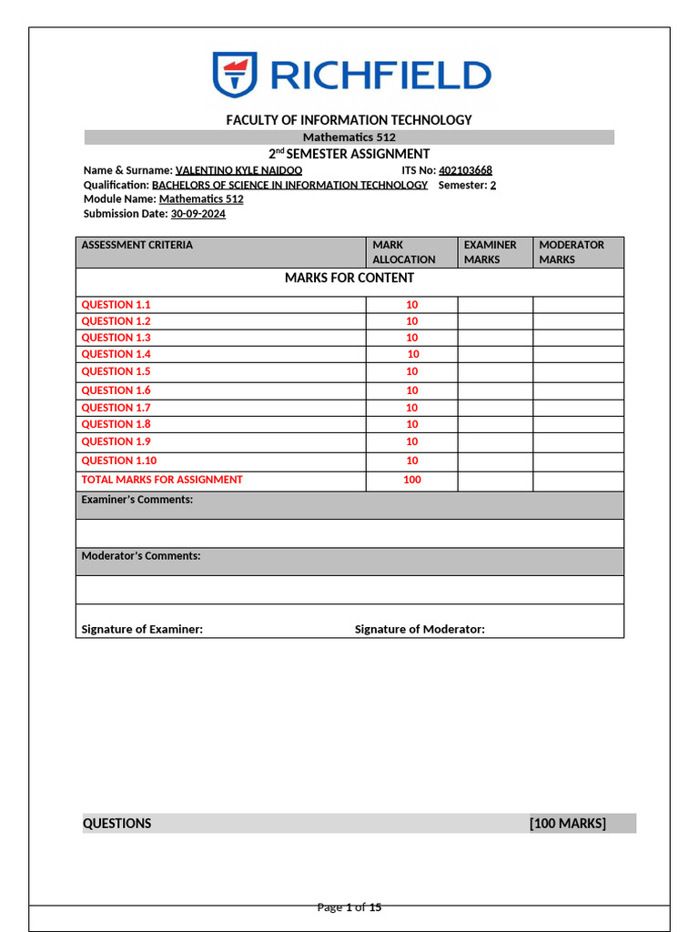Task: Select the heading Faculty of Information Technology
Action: click(349, 120)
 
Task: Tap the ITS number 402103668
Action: click(465, 170)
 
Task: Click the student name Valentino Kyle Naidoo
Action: click(238, 170)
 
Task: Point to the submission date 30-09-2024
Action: click(198, 214)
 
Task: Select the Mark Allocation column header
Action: click(404, 252)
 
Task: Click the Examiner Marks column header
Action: click(490, 252)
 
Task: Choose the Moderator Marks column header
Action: click(572, 252)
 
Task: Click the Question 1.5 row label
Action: click(116, 371)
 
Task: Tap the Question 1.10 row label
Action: click(119, 461)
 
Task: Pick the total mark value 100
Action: click(411, 480)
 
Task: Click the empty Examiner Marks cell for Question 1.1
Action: click(494, 305)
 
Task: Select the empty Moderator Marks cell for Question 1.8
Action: click(578, 424)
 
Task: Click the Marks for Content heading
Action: click(349, 278)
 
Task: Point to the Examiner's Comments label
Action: click(137, 500)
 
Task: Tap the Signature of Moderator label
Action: click(420, 629)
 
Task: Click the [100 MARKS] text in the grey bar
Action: click(567, 824)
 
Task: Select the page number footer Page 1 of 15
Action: click(349, 907)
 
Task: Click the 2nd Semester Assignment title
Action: click(349, 154)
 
